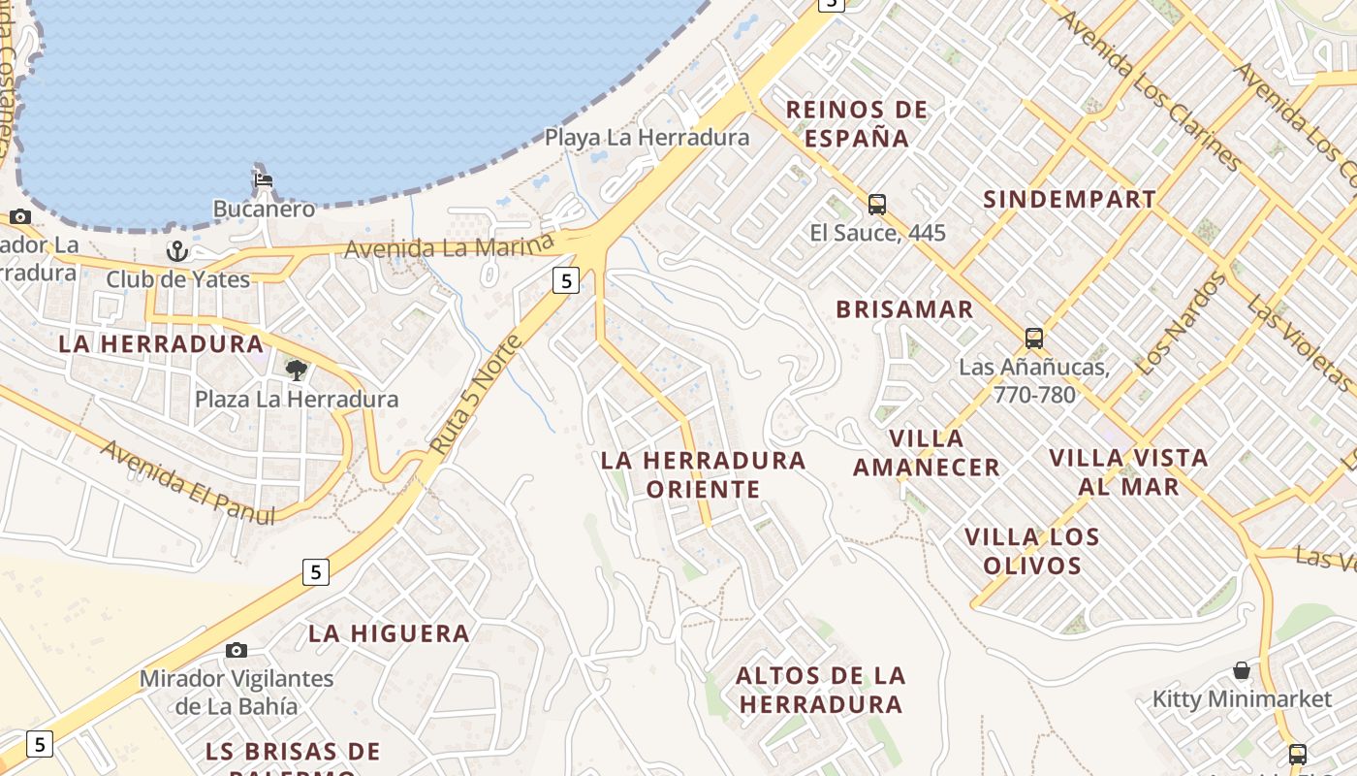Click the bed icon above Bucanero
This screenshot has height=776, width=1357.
(264, 180)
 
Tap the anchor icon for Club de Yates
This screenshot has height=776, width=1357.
(177, 252)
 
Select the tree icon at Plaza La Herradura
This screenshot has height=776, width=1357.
(297, 370)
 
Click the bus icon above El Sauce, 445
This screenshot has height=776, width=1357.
(877, 205)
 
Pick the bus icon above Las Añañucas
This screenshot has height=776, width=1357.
(1034, 339)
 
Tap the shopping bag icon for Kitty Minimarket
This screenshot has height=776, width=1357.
(1242, 670)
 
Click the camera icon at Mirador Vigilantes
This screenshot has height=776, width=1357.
(237, 650)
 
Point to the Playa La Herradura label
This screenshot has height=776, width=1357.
(647, 138)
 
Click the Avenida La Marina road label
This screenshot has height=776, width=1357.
(450, 246)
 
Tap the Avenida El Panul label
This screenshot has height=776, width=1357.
(187, 483)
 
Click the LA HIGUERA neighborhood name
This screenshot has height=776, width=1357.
(389, 633)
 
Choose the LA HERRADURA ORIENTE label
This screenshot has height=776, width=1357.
(704, 474)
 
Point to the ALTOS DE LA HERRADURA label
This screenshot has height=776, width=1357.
(820, 690)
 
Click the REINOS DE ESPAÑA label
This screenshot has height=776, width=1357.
(857, 123)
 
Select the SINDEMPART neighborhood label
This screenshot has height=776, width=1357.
(1069, 200)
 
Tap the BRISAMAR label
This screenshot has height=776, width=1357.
(904, 309)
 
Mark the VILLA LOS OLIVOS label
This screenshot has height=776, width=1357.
(1032, 551)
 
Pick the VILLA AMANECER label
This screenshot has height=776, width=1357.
(926, 453)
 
